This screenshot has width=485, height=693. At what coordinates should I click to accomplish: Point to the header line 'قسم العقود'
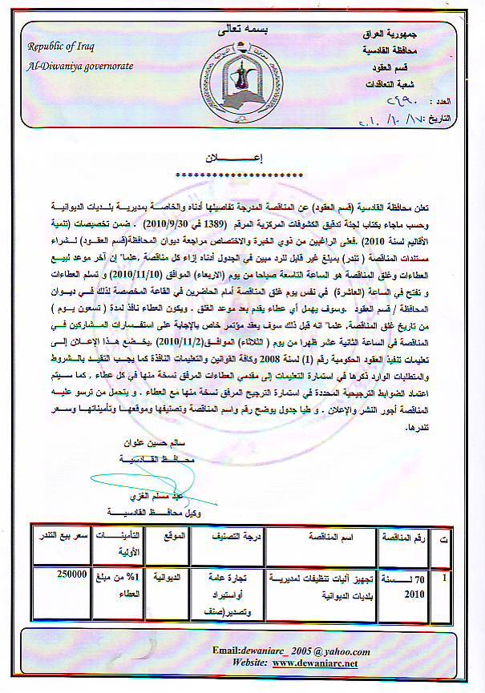[x=409, y=67]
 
